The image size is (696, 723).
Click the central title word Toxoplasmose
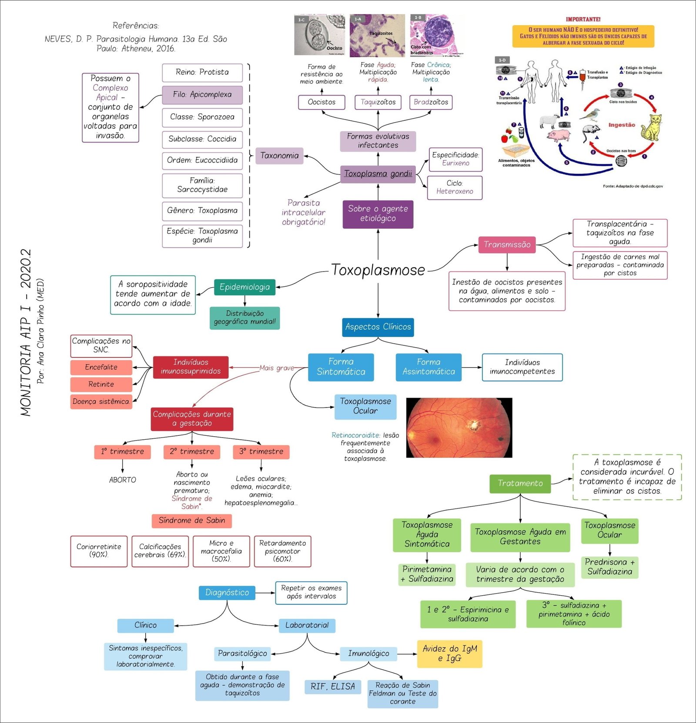378,270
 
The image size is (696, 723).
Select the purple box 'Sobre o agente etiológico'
378,213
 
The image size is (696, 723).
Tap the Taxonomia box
279,156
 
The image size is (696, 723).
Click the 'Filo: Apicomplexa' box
202,94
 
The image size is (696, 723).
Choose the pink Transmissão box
507,245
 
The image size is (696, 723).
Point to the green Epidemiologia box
244,287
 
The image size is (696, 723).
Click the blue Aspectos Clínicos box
378,327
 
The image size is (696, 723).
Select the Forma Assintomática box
428,367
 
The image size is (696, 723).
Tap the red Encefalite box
101,367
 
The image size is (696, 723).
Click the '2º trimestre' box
192,451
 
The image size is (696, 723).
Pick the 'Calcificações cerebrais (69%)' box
160,551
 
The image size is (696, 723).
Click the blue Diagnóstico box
227,593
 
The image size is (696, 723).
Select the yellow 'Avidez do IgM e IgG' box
449,653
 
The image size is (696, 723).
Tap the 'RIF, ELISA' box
333,687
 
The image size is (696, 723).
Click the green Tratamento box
520,483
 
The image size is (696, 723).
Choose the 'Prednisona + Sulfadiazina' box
609,567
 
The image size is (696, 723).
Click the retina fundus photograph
459,428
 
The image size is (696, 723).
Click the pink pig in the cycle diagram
559,136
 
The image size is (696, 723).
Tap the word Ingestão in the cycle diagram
622,125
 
